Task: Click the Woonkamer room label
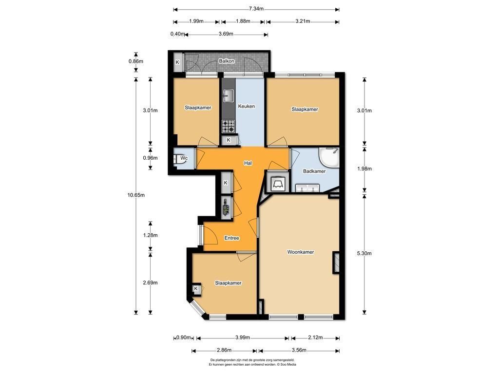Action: tap(300, 252)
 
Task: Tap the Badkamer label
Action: tap(314, 171)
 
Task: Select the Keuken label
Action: tap(246, 106)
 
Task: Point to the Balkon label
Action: tap(227, 61)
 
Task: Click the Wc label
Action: tap(184, 158)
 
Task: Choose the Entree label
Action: tap(231, 238)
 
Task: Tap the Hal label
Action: tap(248, 163)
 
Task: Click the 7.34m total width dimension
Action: tap(256, 9)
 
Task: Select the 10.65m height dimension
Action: tap(136, 195)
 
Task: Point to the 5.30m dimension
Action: tap(365, 253)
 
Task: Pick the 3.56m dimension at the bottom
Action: tap(299, 350)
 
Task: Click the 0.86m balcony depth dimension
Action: tap(136, 61)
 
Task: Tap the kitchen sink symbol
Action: tap(228, 96)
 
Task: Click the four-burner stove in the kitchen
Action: tap(228, 126)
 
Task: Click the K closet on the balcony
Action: tap(177, 62)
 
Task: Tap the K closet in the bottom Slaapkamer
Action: tap(196, 289)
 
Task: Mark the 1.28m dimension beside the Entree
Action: tap(150, 235)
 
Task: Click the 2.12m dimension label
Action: tap(315, 337)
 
